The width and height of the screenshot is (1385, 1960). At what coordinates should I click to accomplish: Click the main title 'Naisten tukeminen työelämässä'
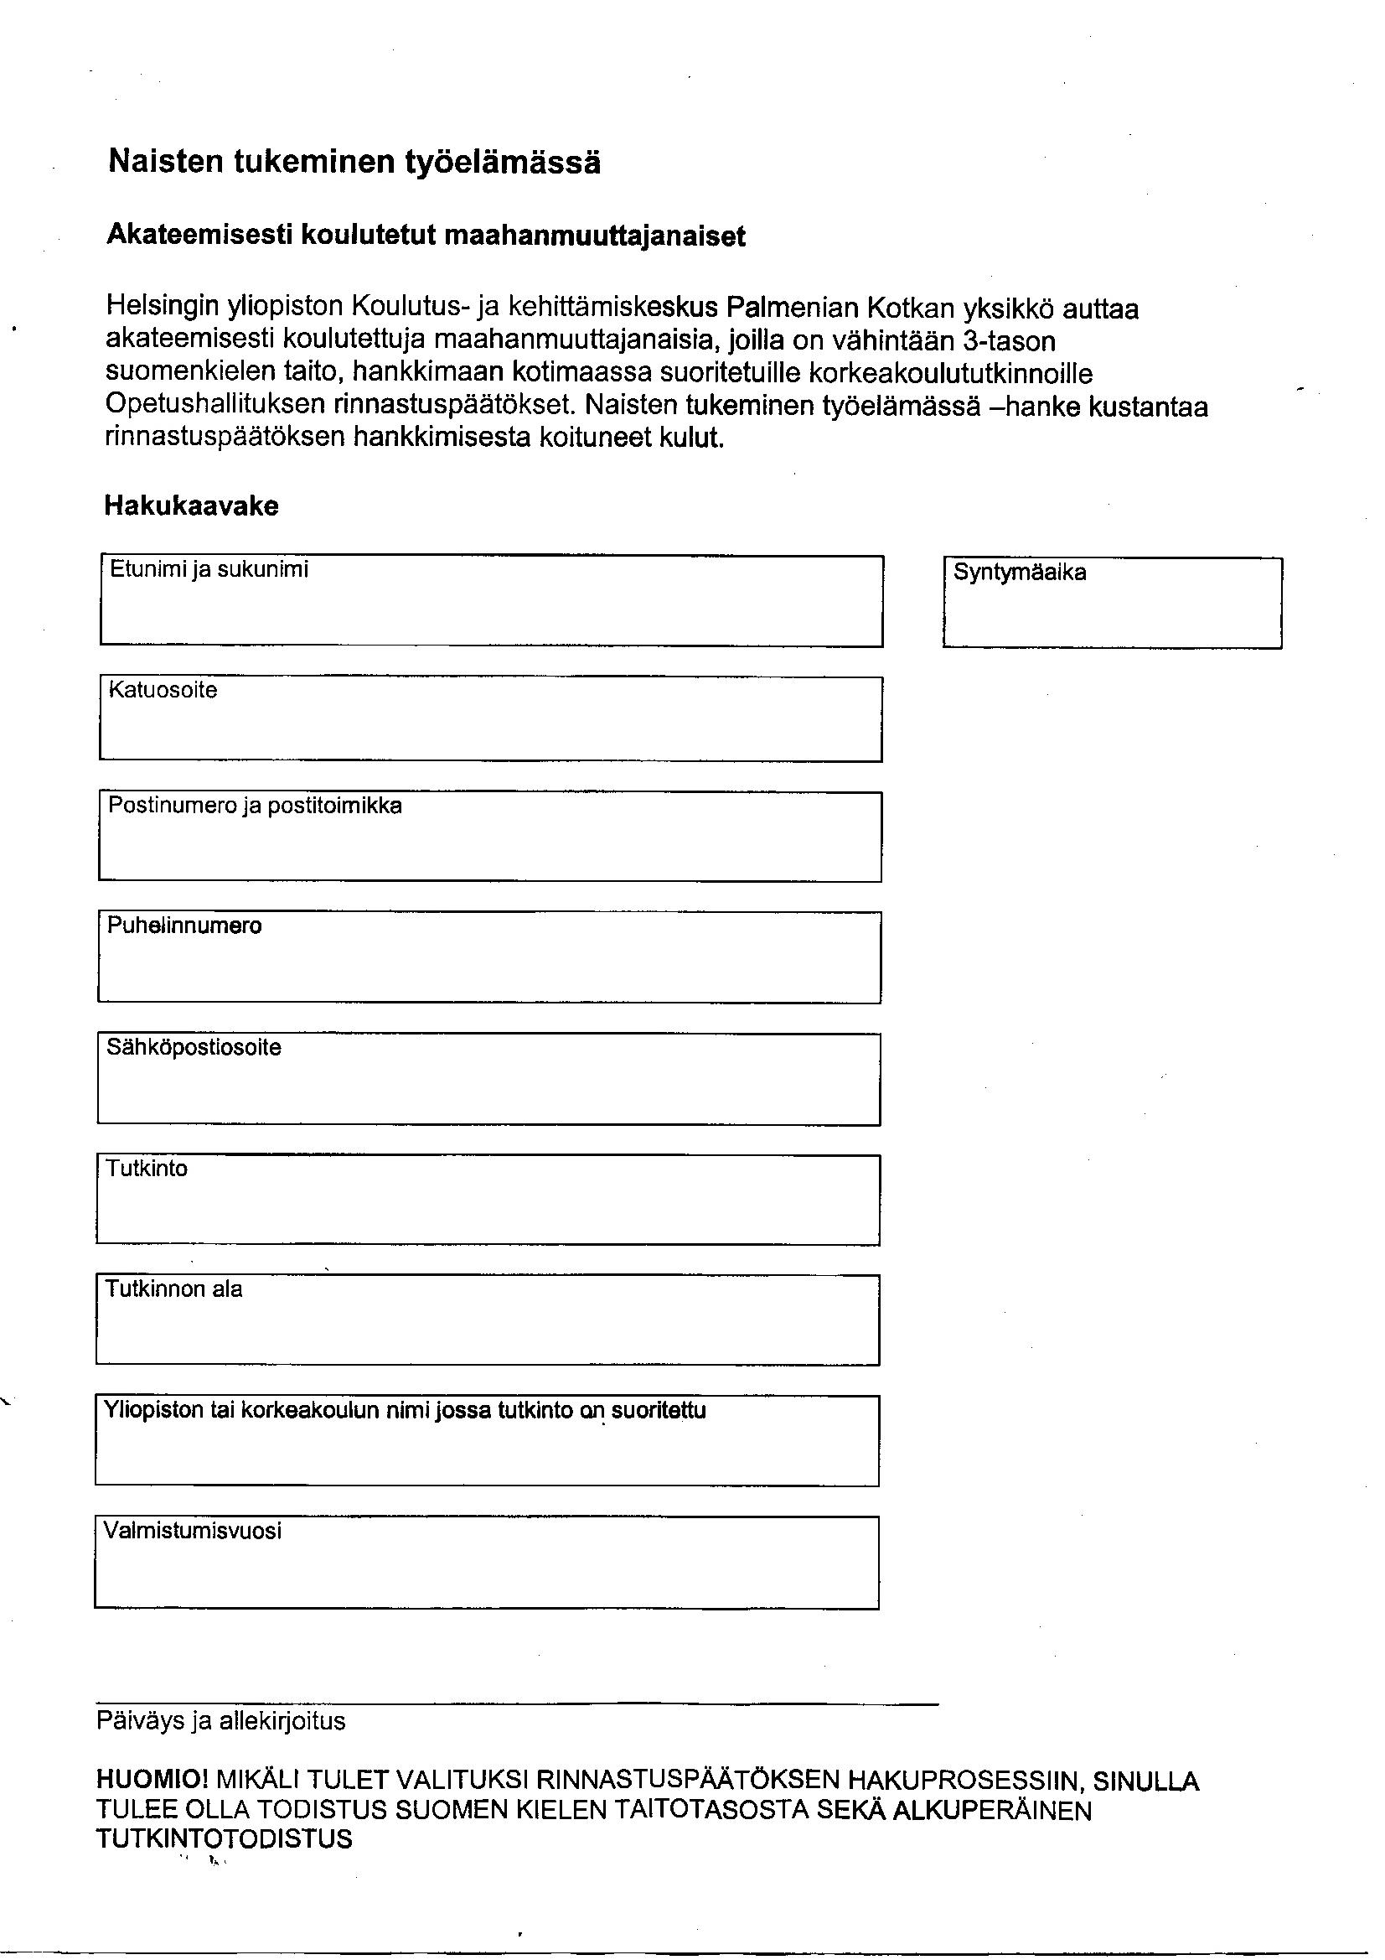point(354,161)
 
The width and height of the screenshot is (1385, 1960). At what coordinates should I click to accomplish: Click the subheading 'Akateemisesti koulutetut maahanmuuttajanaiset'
point(425,236)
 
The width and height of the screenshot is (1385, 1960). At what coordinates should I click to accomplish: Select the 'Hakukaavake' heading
point(191,506)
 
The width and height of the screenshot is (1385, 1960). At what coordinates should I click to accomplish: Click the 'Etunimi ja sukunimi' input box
point(492,611)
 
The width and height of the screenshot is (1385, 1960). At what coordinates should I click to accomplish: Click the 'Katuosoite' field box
point(491,729)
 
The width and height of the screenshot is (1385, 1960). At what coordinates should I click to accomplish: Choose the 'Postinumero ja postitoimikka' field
point(490,846)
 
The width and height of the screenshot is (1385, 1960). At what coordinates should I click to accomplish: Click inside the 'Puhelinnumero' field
point(489,967)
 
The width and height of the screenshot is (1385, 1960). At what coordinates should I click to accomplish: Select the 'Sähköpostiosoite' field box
point(489,1088)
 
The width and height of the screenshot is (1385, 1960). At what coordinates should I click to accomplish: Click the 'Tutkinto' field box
point(488,1209)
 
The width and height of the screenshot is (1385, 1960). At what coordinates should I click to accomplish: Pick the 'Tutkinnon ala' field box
point(488,1329)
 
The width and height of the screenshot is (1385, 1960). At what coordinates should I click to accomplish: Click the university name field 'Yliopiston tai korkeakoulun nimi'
point(487,1450)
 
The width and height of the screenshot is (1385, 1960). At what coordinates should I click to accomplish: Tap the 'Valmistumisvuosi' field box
point(487,1572)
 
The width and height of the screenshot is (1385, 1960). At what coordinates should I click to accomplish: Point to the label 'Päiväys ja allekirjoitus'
point(221,1721)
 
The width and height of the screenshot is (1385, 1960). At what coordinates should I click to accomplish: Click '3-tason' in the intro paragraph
point(1009,340)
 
